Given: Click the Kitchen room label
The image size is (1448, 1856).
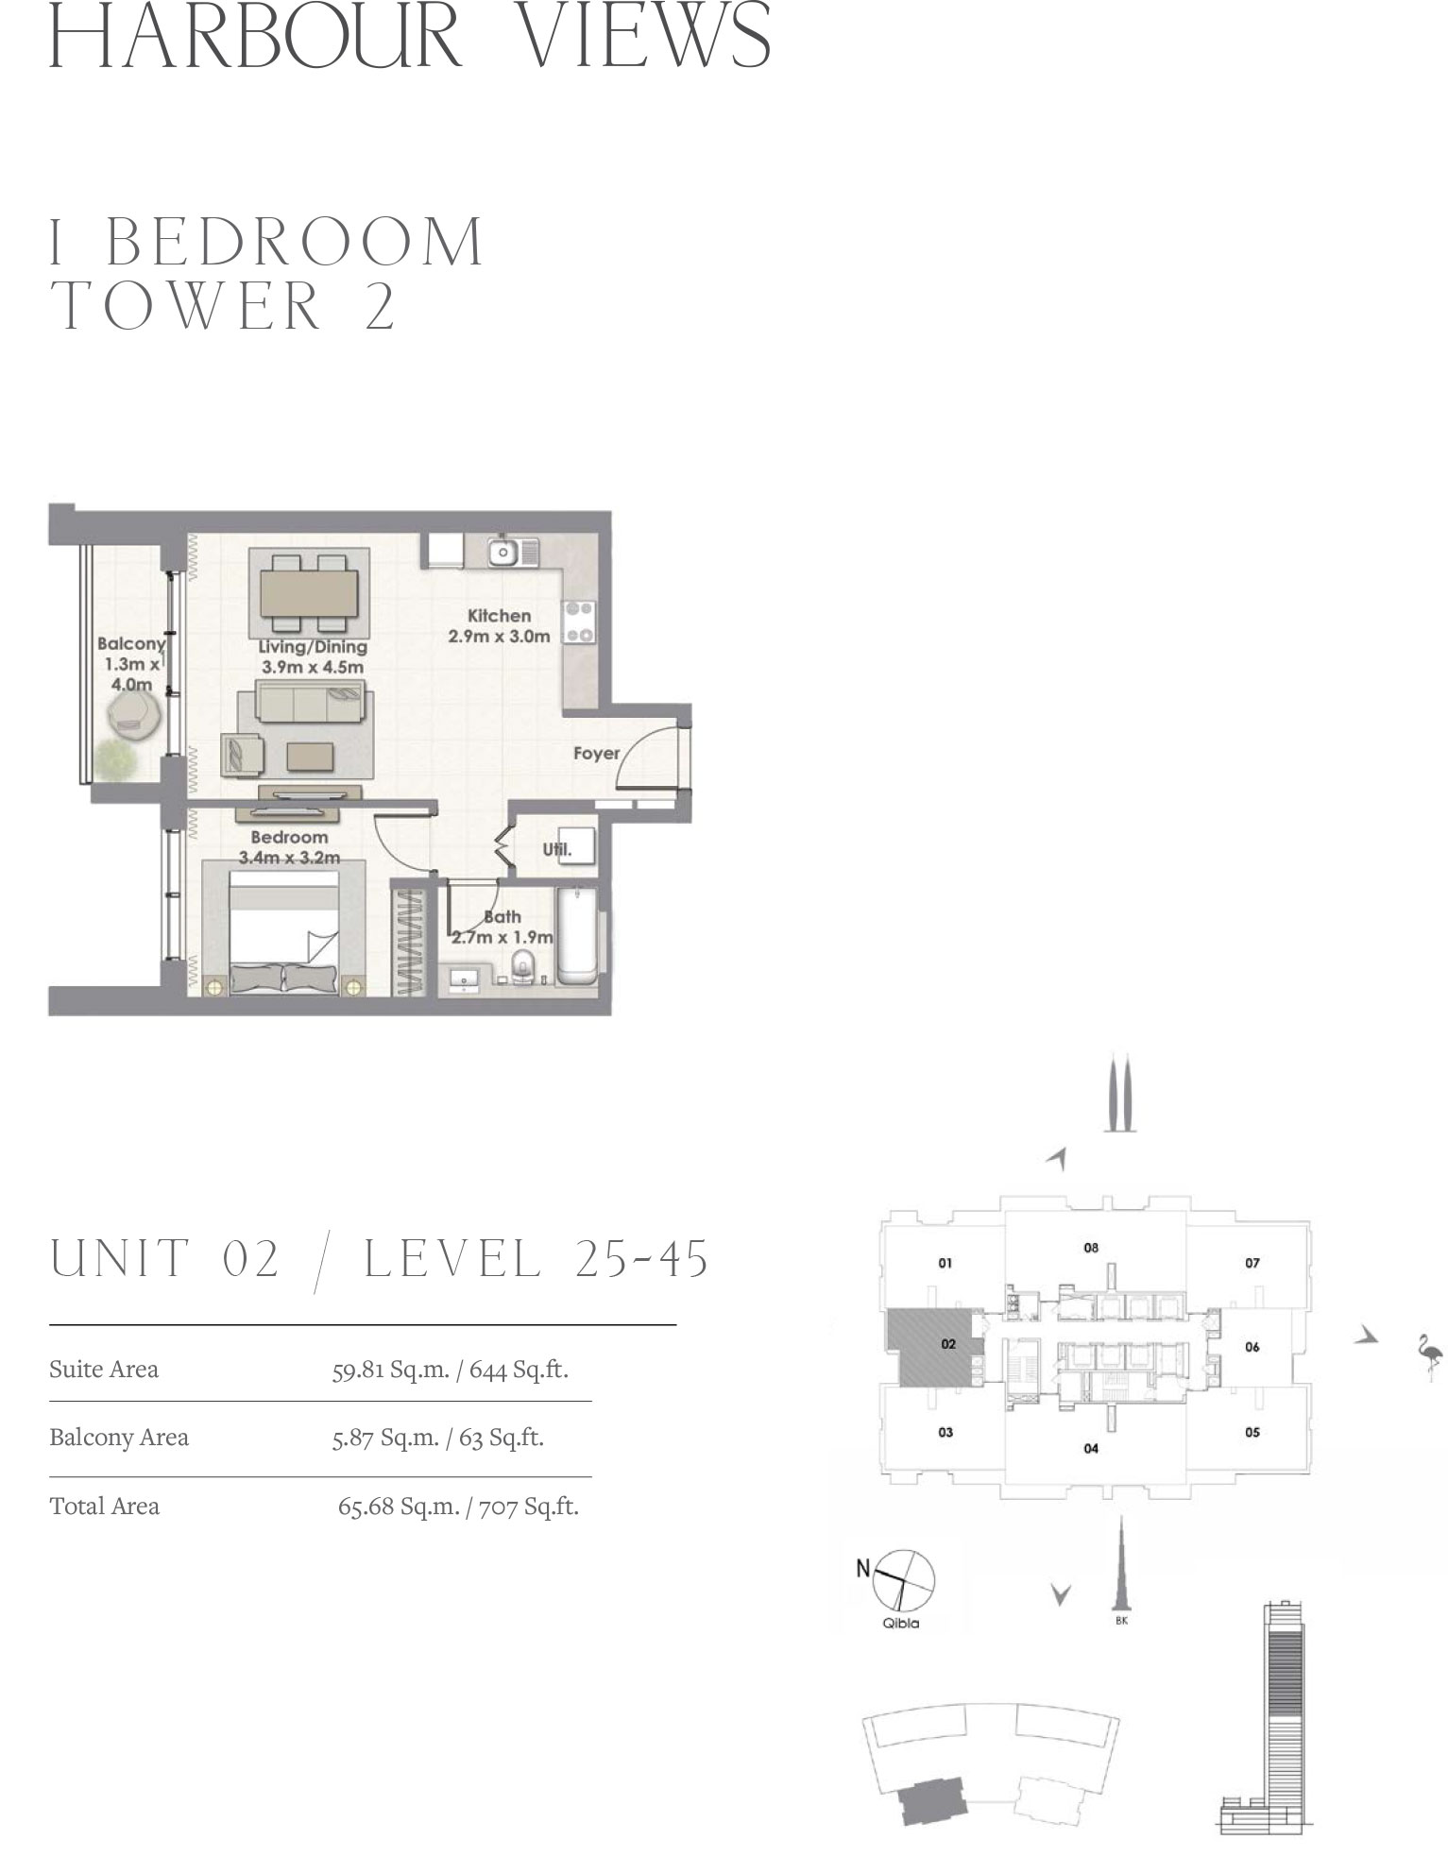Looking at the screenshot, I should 499,616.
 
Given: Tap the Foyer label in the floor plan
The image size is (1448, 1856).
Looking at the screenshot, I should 596,753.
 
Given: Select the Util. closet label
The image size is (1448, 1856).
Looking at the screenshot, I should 557,848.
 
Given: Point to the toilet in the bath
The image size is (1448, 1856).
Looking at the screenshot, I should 522,964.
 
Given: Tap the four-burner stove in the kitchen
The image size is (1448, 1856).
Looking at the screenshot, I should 579,622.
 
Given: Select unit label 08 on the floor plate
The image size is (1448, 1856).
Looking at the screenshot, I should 1091,1248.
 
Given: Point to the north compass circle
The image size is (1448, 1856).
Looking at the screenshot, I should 905,1579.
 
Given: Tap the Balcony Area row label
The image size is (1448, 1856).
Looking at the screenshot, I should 119,1438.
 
